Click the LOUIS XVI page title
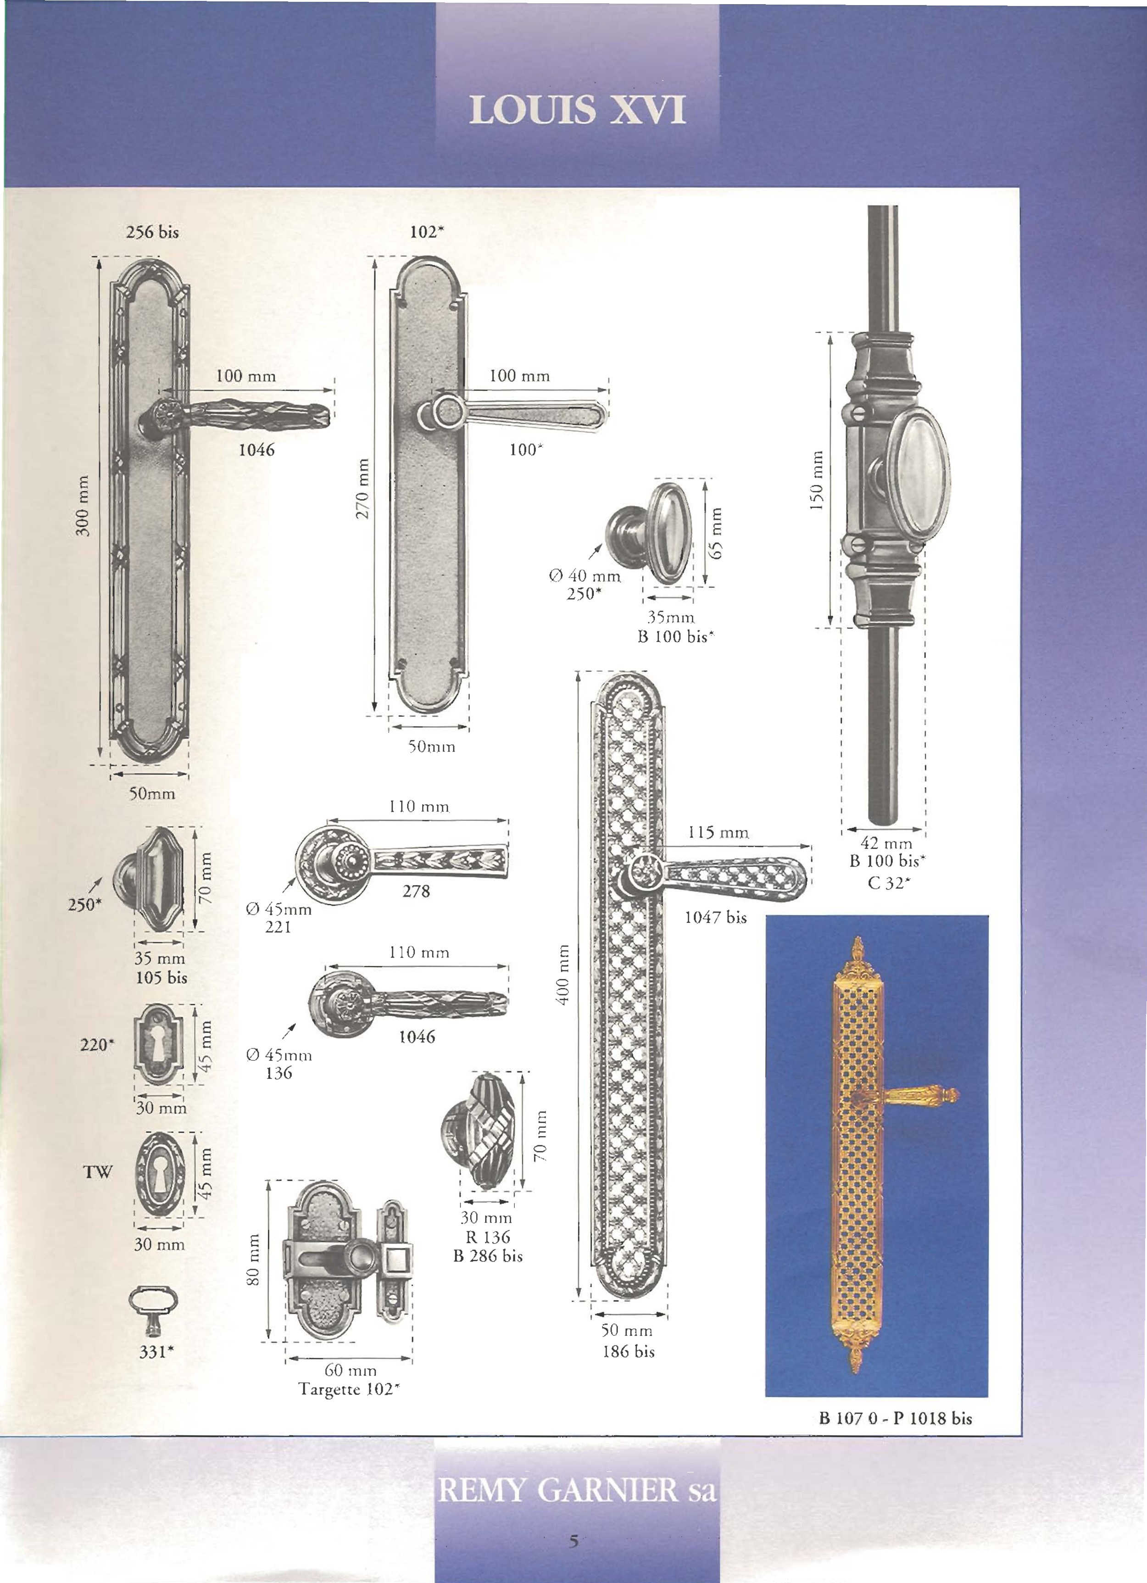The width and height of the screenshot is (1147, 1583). tap(577, 110)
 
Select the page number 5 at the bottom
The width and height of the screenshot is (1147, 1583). tap(574, 1540)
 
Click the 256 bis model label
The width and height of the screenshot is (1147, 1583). tap(152, 232)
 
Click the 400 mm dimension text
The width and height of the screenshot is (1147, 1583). tap(562, 975)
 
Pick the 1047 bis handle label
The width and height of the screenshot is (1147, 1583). tap(716, 917)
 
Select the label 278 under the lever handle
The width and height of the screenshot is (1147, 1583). tap(416, 891)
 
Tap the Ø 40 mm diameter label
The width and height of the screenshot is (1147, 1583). tap(585, 576)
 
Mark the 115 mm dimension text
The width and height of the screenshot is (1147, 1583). tap(718, 832)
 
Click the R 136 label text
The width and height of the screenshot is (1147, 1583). tap(488, 1237)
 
